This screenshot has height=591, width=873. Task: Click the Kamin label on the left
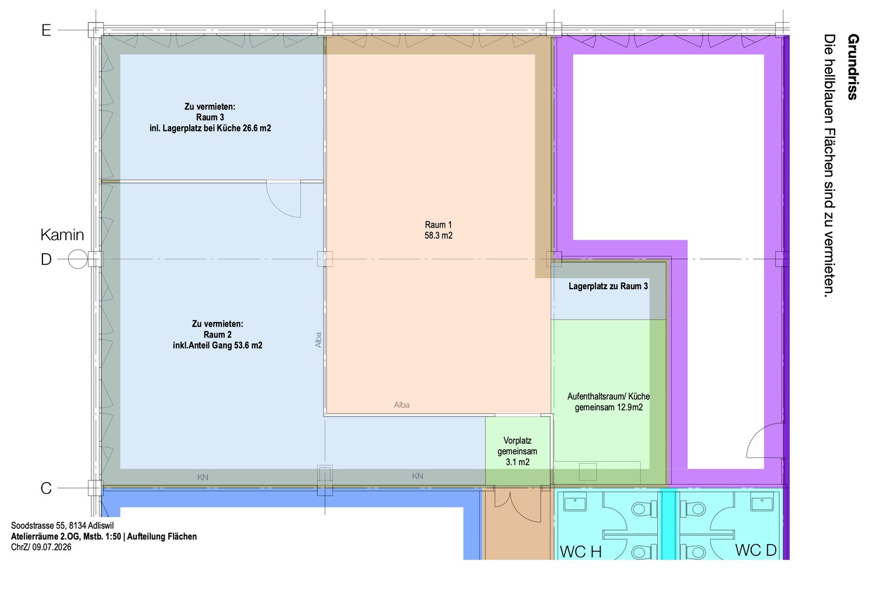pos(62,235)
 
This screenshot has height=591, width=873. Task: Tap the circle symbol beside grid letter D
pos(77,259)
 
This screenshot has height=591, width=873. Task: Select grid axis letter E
pos(46,30)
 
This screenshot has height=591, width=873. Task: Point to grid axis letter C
pos(46,488)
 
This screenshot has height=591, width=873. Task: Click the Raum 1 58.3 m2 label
pos(438,230)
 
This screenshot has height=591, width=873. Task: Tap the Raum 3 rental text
pos(210,118)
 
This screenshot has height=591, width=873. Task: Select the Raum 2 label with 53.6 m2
pos(218,334)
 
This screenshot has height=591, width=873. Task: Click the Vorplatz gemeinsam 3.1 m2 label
pos(517,451)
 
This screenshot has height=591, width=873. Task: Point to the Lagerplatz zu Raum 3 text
pos(608,286)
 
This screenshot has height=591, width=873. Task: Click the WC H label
pos(581,551)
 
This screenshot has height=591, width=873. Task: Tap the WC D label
pos(755,550)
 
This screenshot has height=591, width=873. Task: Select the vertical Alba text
pos(318,340)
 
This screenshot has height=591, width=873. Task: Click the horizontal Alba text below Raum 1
pos(402,405)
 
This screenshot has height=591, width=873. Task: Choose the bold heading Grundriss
pos(853,67)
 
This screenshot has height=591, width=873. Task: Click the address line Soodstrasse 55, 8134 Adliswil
pos(62,525)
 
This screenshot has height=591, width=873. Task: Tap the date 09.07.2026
pos(52,547)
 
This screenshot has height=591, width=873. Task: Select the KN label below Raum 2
pos(203,477)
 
